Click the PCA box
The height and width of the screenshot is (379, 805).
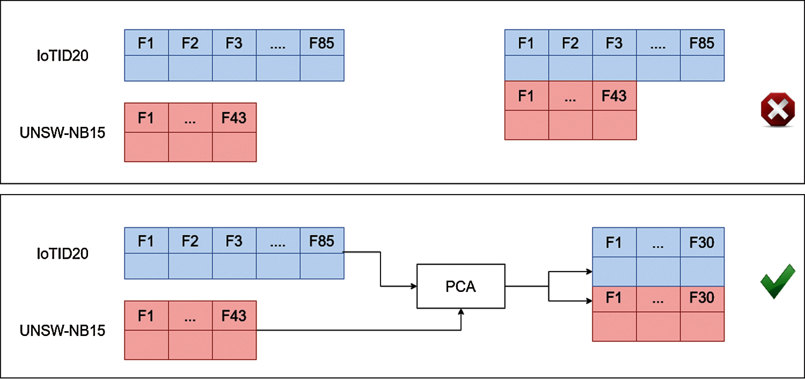(461, 286)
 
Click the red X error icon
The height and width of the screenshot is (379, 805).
(778, 110)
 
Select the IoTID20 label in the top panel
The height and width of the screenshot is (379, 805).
(63, 56)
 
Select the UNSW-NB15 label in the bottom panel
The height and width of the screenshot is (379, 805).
(63, 331)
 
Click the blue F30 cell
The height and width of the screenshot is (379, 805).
(702, 242)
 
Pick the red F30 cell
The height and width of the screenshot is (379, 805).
(702, 298)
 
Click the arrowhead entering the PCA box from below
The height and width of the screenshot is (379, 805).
(461, 312)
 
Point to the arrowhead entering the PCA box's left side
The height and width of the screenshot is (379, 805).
(414, 286)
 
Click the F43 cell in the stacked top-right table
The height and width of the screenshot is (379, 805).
(614, 96)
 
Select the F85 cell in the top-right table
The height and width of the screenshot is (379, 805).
(702, 43)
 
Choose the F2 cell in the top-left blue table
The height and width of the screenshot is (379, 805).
(190, 43)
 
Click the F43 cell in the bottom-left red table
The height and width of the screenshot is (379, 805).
(234, 316)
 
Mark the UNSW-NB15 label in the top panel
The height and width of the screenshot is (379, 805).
(63, 133)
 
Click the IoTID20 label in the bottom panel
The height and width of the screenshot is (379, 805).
(63, 253)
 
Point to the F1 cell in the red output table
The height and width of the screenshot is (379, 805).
(614, 298)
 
